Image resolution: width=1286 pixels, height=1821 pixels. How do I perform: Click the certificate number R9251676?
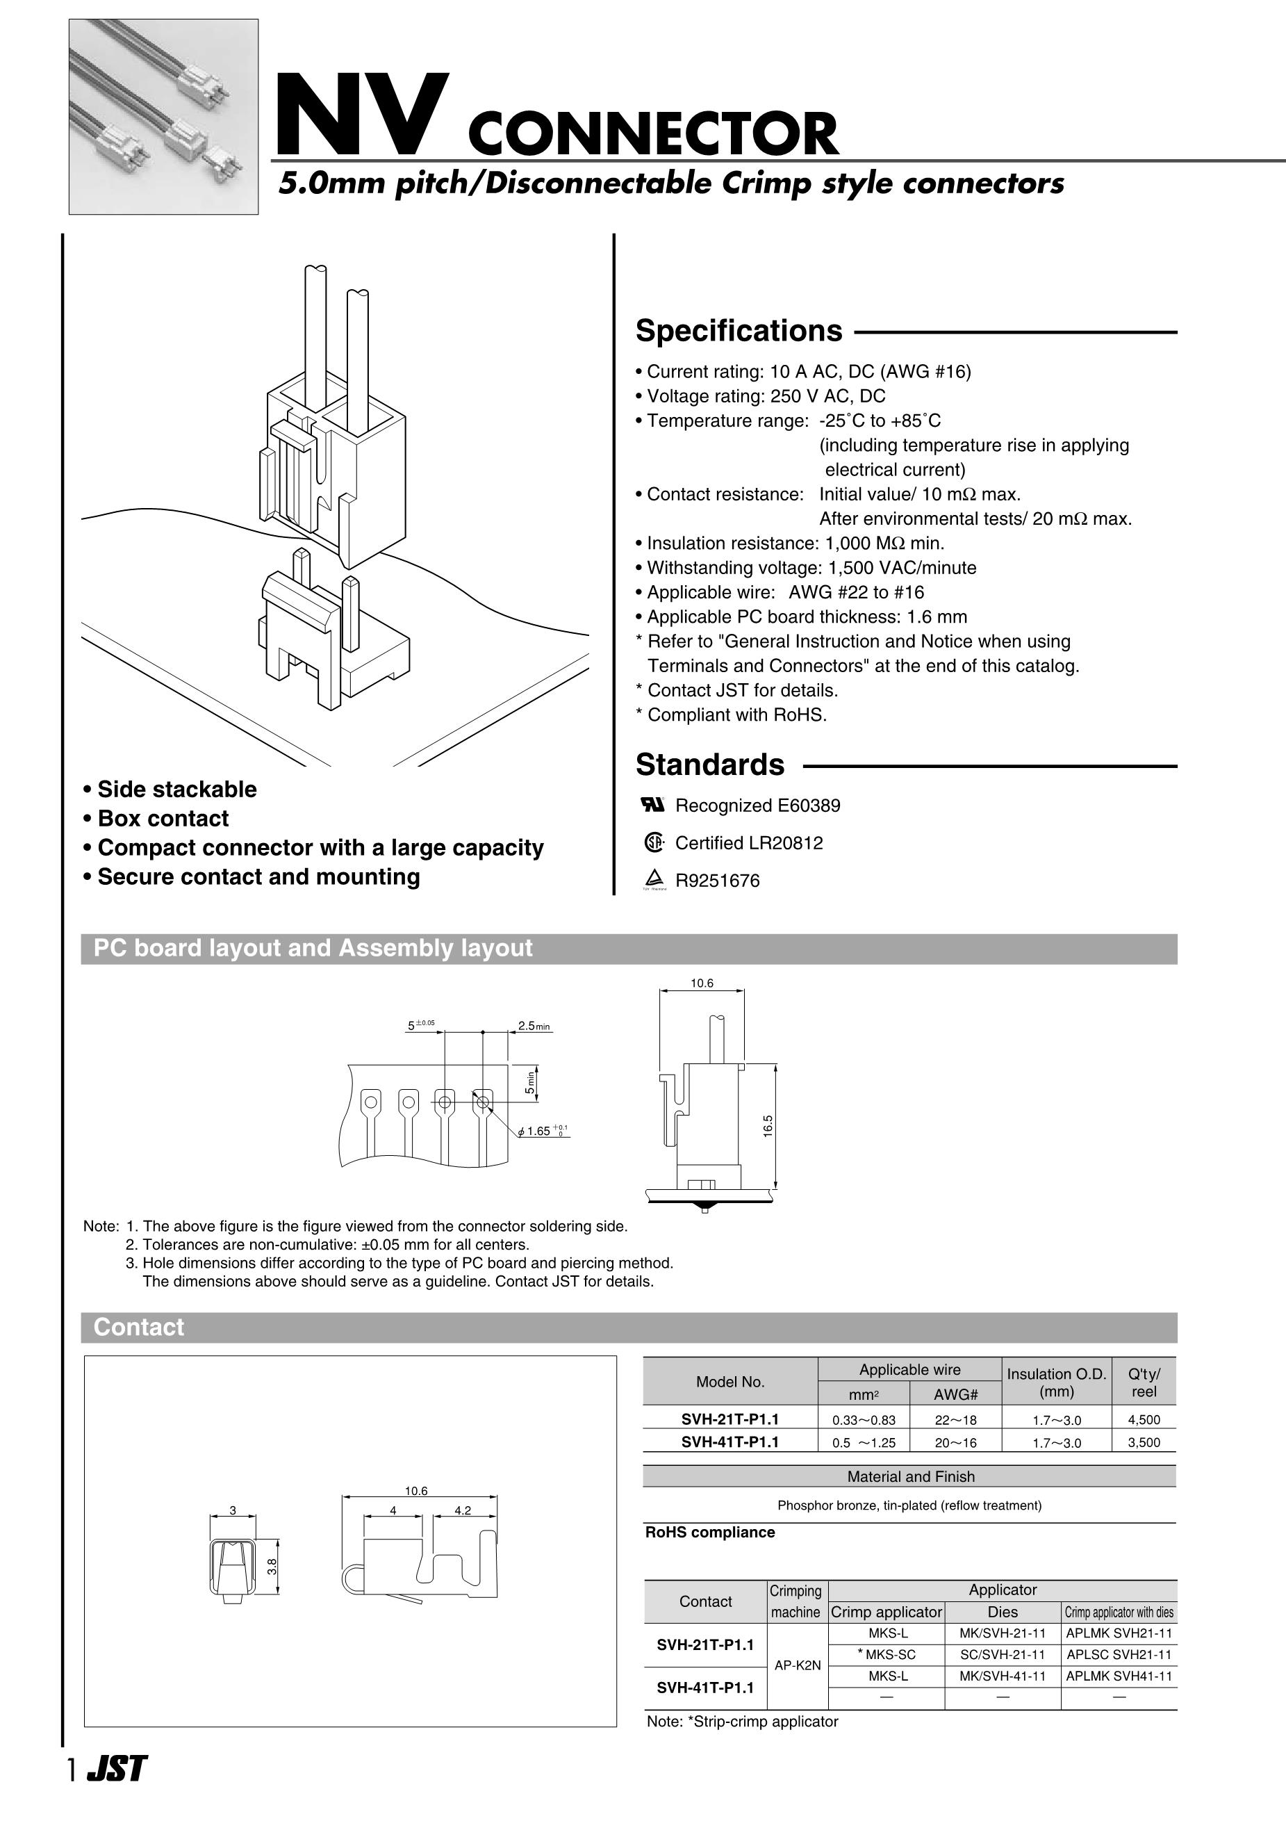717,881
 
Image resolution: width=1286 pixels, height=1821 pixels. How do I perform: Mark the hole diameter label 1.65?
539,1131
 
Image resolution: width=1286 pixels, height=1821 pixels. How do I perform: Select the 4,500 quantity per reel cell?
1144,1420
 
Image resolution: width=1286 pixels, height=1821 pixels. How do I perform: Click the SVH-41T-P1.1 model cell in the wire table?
729,1442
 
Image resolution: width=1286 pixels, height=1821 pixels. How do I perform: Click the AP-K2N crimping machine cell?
797,1665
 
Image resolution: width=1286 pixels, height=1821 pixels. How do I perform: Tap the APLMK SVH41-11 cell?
1119,1676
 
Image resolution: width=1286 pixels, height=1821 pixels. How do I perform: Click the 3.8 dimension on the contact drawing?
271,1567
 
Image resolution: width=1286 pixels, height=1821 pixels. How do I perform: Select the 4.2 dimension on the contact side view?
462,1511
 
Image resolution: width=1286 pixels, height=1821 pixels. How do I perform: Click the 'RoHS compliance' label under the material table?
709,1533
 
